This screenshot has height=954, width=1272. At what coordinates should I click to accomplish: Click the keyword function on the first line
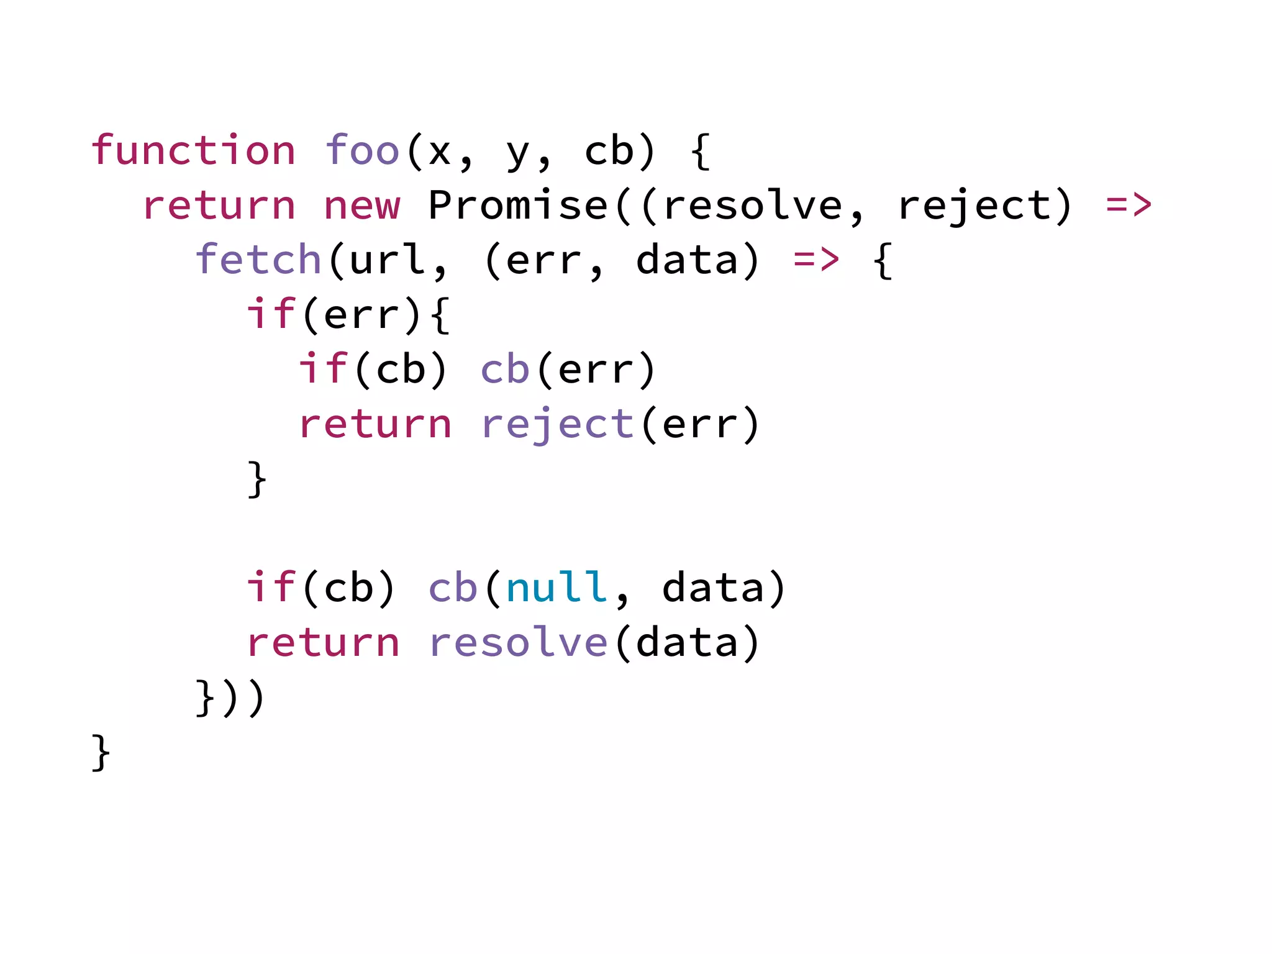tap(193, 150)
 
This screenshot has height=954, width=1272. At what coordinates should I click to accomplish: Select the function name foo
tap(362, 150)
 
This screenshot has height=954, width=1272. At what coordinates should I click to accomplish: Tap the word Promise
tap(518, 205)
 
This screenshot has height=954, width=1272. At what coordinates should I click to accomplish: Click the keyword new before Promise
tap(362, 206)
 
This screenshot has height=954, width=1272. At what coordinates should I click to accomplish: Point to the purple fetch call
tap(258, 260)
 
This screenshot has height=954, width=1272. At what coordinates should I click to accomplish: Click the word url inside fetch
tap(388, 260)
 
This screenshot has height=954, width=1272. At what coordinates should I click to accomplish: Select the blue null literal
tap(557, 588)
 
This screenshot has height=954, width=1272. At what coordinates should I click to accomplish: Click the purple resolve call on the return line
tap(518, 642)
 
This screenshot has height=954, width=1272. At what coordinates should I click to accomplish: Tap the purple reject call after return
tap(557, 425)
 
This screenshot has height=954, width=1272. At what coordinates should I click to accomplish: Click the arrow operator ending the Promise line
tap(1129, 205)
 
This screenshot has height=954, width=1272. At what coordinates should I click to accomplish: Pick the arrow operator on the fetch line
tap(816, 260)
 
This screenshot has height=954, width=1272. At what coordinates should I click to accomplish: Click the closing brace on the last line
tap(101, 753)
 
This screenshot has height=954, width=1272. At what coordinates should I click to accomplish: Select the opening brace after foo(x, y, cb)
tap(700, 152)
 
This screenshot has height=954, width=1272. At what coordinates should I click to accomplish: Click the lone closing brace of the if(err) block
tap(257, 479)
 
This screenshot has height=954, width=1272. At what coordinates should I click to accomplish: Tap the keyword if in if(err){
tap(271, 314)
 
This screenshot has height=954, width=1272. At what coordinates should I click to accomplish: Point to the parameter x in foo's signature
tap(440, 152)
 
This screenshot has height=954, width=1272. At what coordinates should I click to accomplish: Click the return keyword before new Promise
tap(219, 206)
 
